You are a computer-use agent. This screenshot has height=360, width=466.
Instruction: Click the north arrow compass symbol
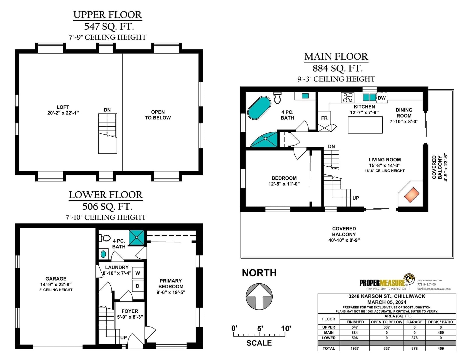pos(259,297)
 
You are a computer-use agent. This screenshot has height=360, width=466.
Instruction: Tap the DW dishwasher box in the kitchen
pos(382,98)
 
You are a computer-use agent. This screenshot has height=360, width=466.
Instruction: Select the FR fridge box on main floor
pos(324,118)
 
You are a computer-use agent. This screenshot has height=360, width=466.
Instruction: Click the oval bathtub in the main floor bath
pos(259,108)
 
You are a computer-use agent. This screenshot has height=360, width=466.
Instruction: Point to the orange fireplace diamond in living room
pos(412,195)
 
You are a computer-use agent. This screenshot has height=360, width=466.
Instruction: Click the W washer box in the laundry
pos(138,273)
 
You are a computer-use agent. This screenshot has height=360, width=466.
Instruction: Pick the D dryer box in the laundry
pos(138,286)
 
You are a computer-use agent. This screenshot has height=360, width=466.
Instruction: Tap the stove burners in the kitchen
pos(348,98)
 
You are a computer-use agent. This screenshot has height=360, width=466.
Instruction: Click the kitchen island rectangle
pos(365,125)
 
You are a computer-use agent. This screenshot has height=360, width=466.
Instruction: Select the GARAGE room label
pos(56,278)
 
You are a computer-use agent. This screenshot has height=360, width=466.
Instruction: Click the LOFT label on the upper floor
pos(63,107)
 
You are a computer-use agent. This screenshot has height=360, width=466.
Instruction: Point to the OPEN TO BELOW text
pos(158,115)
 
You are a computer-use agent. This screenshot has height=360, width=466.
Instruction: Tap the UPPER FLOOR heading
pos(108,15)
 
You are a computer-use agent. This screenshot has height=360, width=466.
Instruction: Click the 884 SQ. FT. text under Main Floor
pos(338,68)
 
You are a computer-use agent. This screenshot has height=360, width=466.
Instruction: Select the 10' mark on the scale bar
pos(286,328)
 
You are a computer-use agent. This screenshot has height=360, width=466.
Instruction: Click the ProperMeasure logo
pos(387,283)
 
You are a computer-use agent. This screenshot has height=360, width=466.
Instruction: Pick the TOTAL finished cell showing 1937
pos(354,348)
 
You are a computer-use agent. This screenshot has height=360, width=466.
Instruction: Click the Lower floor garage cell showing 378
pos(414,338)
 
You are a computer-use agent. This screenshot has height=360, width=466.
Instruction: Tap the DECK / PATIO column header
pos(440,322)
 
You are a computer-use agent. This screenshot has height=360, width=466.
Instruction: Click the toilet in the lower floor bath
pos(105,238)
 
